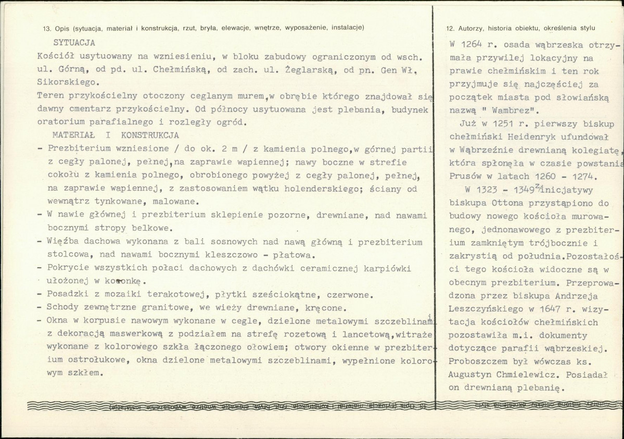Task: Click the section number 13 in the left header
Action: click(47, 28)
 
